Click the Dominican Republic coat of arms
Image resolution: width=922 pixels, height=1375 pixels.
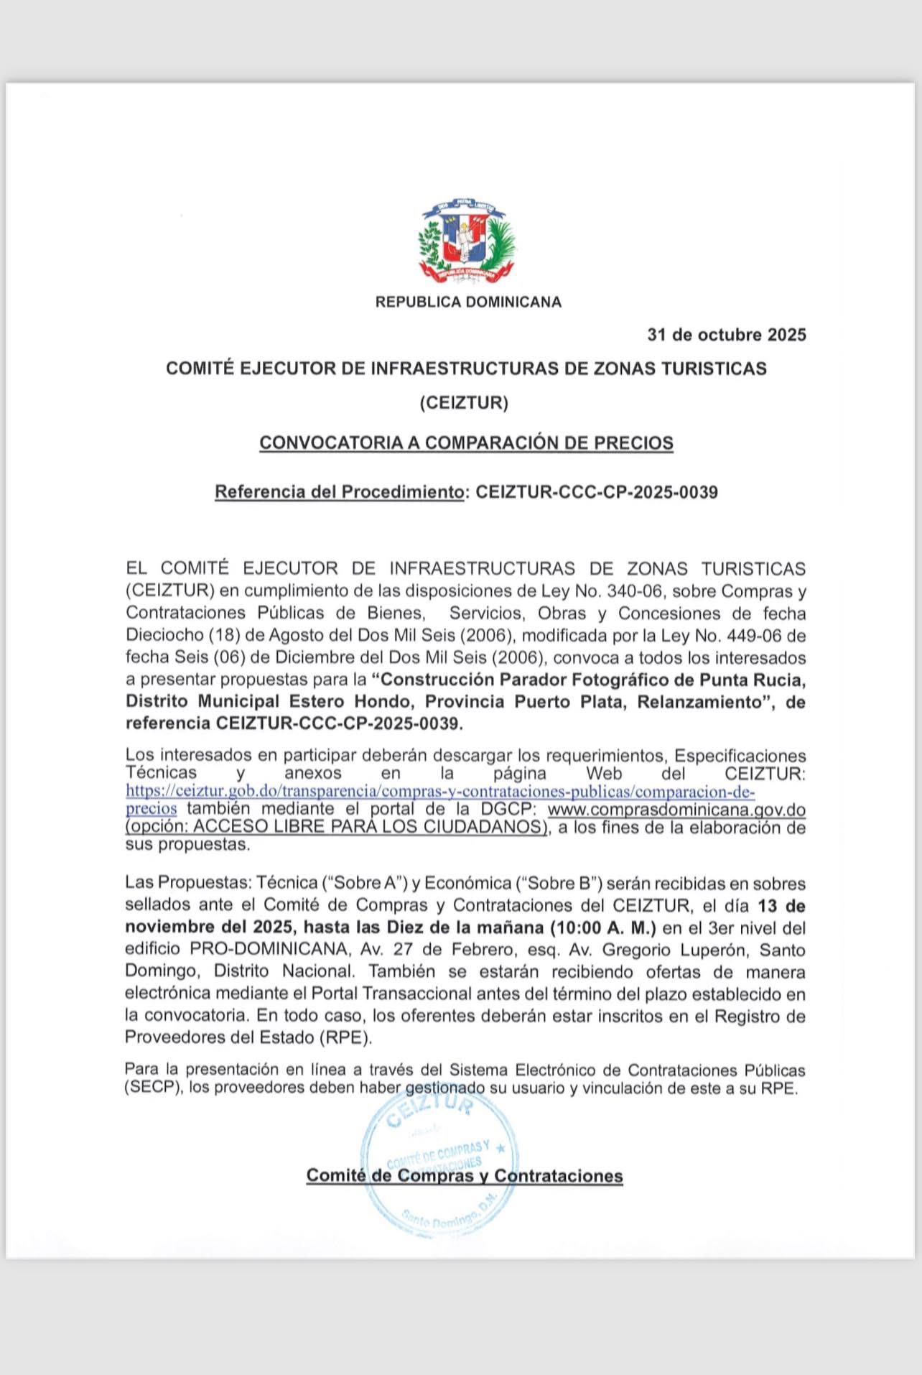coord(467,243)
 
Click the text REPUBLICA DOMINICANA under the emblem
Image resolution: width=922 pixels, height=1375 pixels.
coord(468,302)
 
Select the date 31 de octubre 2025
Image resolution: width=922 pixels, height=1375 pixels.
coord(726,335)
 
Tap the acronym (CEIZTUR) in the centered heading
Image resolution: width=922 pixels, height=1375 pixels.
coord(464,403)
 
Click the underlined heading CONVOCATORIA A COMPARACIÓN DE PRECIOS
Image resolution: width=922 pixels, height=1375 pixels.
coord(466,443)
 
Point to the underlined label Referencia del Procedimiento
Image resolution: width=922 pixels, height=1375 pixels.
coord(339,492)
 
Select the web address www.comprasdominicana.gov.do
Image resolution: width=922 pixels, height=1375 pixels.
coord(676,810)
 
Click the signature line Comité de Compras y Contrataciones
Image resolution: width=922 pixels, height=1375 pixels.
coord(465,1176)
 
